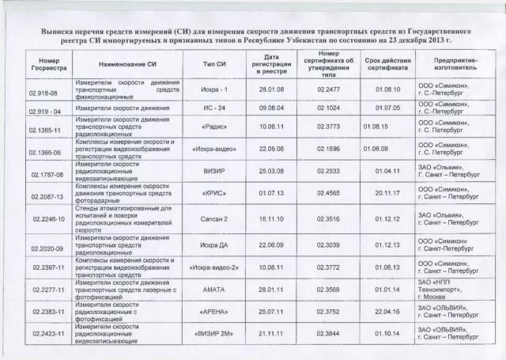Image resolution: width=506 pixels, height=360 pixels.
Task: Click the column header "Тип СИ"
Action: point(215,63)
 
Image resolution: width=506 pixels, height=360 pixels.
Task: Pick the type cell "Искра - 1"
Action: point(215,90)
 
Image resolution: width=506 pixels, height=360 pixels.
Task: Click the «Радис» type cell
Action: point(215,126)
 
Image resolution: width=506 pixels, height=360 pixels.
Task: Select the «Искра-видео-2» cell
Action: point(215,269)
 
